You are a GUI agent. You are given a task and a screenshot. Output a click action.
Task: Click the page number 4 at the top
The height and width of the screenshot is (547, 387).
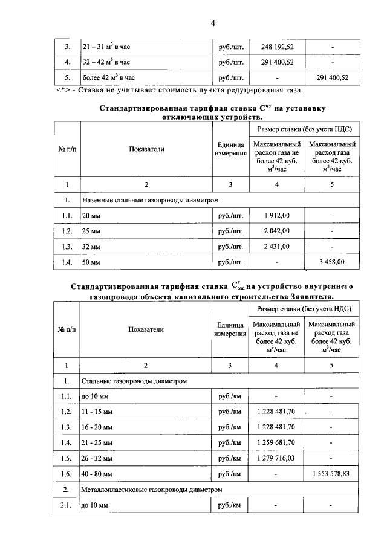tap(213, 23)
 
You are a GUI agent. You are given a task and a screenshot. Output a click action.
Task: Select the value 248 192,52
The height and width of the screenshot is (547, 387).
tap(277, 47)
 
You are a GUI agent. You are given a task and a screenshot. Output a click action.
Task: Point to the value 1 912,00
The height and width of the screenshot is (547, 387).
tap(277, 215)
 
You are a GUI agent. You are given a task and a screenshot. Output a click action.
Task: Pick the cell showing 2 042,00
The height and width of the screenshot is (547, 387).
tap(277, 231)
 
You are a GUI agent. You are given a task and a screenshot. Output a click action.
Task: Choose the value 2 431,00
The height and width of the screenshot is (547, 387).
tap(277, 246)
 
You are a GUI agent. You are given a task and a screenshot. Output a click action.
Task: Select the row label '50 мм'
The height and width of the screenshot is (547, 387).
tap(91, 262)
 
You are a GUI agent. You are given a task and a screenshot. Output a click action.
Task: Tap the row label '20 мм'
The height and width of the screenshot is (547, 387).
tap(91, 216)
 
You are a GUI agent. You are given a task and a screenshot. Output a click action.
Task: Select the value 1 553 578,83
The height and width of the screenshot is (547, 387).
tap(331, 474)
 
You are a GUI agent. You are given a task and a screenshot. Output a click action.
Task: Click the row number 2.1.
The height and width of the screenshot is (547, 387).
tap(67, 505)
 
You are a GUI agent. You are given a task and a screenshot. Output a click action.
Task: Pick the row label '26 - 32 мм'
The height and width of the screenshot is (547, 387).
tap(97, 459)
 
